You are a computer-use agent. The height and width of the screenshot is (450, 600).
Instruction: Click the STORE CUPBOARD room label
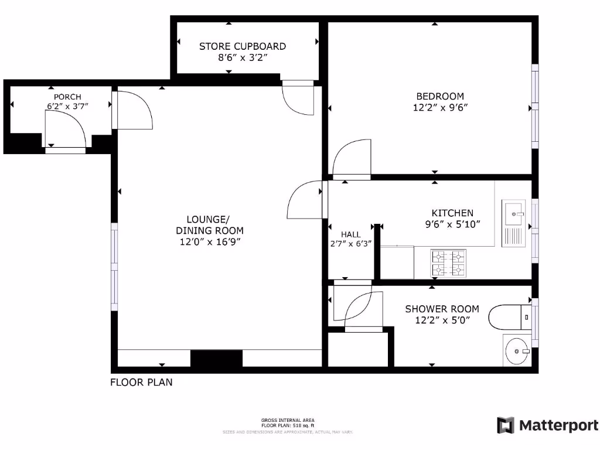243,46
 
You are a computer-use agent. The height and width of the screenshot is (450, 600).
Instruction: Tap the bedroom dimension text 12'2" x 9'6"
440,107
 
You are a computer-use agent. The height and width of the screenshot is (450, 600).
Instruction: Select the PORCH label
67,97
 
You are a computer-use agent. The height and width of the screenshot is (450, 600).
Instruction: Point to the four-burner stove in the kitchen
448,263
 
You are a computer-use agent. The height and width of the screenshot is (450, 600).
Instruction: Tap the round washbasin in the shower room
516,351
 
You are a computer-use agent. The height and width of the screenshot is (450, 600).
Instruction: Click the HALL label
351,234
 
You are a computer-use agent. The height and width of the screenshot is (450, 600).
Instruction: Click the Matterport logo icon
505,425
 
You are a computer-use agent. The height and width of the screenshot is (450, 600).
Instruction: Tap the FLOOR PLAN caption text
141,383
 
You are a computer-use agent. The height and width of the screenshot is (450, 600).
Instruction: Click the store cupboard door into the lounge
298,100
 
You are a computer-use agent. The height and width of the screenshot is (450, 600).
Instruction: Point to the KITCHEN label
452,213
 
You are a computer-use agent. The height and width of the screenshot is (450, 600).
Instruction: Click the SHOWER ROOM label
442,309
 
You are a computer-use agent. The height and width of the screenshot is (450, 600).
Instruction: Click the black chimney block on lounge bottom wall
216,359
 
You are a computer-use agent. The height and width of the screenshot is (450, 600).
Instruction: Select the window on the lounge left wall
114,267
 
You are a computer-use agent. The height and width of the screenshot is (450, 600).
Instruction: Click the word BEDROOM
440,96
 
